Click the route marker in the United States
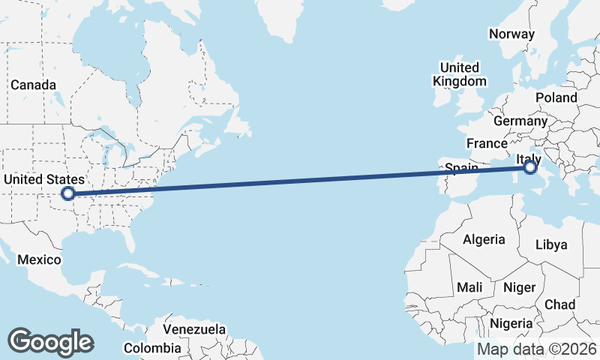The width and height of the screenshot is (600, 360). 68,193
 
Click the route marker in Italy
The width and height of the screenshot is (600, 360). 530,167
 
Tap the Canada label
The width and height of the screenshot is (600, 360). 31,85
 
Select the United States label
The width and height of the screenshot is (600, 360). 43,180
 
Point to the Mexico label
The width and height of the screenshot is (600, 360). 39,259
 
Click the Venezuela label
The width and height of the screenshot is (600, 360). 194,329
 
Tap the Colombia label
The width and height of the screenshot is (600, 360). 152,348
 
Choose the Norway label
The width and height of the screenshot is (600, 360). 511,34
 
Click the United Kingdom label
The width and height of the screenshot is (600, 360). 460,74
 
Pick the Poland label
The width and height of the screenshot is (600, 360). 556,98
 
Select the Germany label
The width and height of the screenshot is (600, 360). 520,121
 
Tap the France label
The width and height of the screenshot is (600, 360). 487,143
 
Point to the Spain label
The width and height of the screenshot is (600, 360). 462,168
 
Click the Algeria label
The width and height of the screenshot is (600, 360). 484,240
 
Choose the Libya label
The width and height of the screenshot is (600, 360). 551,244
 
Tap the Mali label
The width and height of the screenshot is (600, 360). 469,287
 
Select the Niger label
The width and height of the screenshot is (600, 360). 519,287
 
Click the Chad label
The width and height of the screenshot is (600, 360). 560,304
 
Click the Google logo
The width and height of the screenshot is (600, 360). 50,342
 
